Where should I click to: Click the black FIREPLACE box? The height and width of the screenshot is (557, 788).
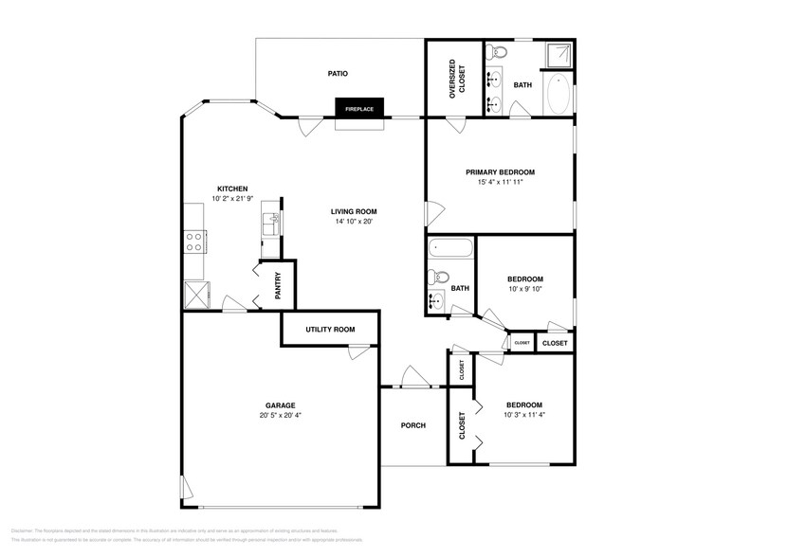[358, 109]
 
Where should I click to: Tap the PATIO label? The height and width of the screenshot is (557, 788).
[338, 73]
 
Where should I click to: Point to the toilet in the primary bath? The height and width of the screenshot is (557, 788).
[500, 49]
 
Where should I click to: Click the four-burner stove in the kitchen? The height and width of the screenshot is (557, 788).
[194, 242]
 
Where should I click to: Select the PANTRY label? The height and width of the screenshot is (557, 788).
[278, 285]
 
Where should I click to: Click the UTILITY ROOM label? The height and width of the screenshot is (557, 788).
[330, 330]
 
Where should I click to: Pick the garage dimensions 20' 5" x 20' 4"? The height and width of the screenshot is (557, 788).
[281, 415]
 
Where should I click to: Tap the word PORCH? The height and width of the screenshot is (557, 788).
[412, 425]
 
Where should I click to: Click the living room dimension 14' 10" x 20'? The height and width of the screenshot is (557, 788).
[354, 222]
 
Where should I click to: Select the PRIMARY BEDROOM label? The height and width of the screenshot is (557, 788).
[500, 172]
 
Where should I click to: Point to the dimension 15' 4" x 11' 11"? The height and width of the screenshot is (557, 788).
[500, 182]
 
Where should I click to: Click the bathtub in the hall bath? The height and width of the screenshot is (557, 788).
[449, 250]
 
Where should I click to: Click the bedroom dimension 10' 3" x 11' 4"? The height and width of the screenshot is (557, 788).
[523, 415]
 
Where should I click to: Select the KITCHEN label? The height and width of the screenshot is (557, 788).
[232, 189]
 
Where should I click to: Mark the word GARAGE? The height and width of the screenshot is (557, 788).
[281, 404]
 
